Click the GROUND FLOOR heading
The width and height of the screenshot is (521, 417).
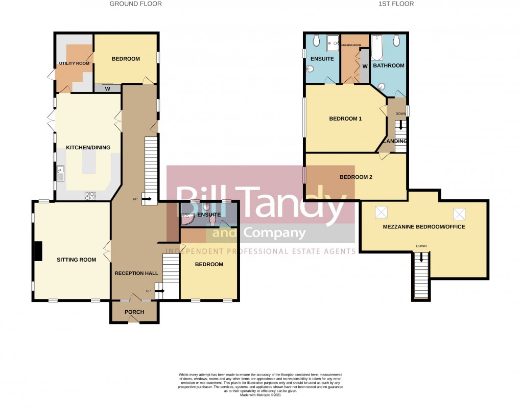tap(136, 4)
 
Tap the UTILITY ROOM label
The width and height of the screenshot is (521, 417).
tap(74, 63)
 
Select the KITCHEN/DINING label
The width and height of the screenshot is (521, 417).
tap(88, 148)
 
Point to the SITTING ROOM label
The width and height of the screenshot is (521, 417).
tap(76, 260)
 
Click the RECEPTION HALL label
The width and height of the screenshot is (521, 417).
tap(136, 273)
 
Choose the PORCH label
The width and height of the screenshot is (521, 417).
tap(134, 312)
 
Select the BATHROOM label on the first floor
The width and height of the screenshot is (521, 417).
tap(388, 65)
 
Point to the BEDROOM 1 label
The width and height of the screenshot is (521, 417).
tap(345, 119)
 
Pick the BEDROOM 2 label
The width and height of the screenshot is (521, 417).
tap(356, 177)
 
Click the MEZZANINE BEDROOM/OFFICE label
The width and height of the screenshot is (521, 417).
tap(424, 226)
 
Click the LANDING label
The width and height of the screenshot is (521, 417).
tap(396, 141)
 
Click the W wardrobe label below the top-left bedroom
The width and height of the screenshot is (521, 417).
tap(107, 88)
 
